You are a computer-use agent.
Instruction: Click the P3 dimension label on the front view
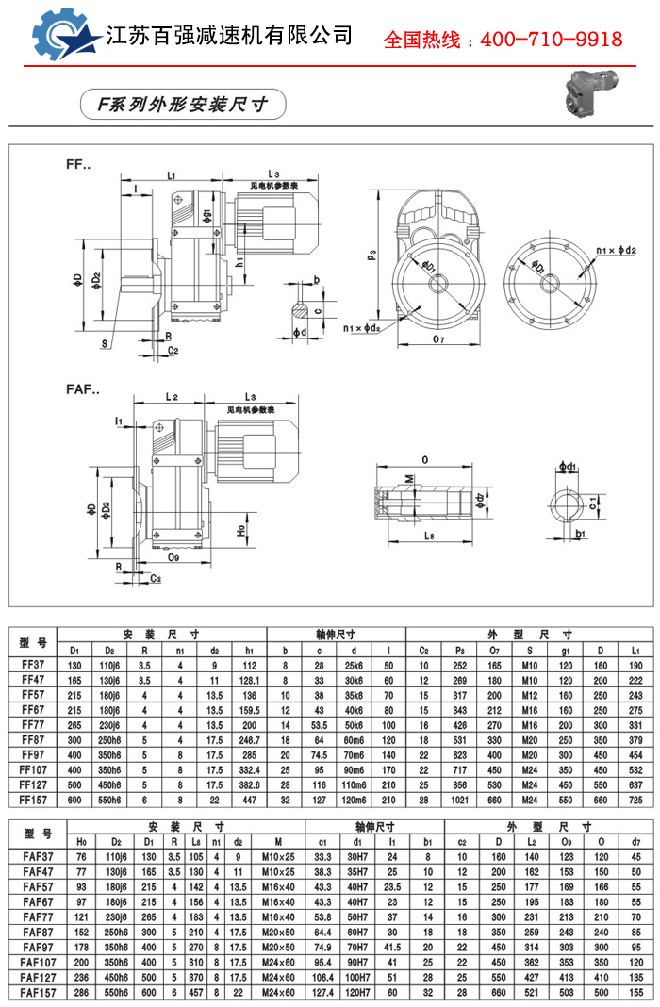[372, 253]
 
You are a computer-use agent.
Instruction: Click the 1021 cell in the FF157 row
[460, 799]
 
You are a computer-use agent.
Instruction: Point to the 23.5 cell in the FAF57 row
[392, 886]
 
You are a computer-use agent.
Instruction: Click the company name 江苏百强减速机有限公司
[230, 37]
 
